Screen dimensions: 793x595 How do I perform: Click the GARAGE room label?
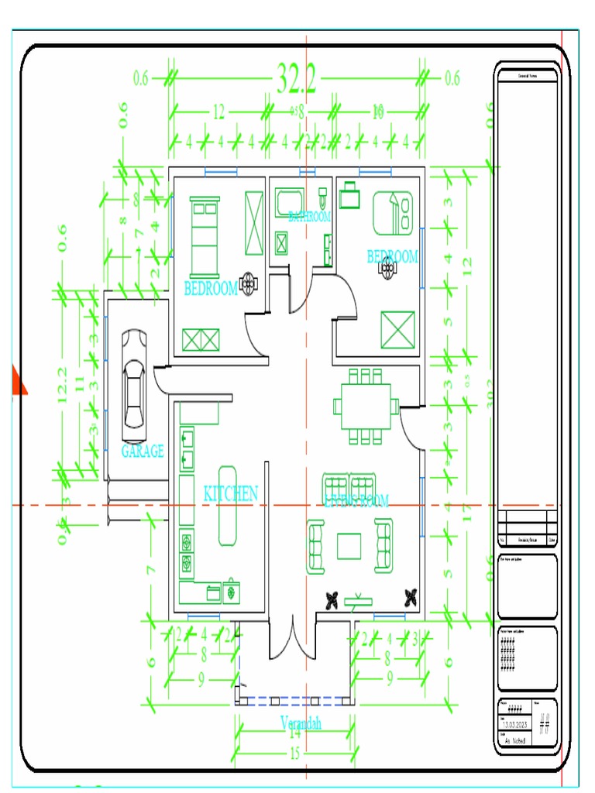pyautogui.click(x=143, y=451)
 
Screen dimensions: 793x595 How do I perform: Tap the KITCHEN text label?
pyautogui.click(x=230, y=493)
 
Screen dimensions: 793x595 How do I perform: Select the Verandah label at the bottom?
pyautogui.click(x=301, y=723)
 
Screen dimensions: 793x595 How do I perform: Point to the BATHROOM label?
pyautogui.click(x=309, y=216)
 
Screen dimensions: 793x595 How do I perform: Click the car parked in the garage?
pyautogui.click(x=133, y=380)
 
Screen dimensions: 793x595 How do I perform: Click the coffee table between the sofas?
pyautogui.click(x=349, y=545)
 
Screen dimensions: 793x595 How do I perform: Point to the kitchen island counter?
pyautogui.click(x=229, y=505)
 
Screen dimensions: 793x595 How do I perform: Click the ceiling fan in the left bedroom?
pyautogui.click(x=249, y=283)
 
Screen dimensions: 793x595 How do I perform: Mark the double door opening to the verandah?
pyautogui.click(x=292, y=639)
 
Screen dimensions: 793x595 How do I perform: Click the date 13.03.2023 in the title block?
pyautogui.click(x=515, y=725)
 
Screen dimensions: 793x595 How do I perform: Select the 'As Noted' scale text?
pyautogui.click(x=515, y=741)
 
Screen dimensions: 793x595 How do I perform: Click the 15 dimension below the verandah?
pyautogui.click(x=294, y=754)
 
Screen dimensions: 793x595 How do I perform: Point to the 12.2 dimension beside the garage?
pyautogui.click(x=63, y=386)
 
